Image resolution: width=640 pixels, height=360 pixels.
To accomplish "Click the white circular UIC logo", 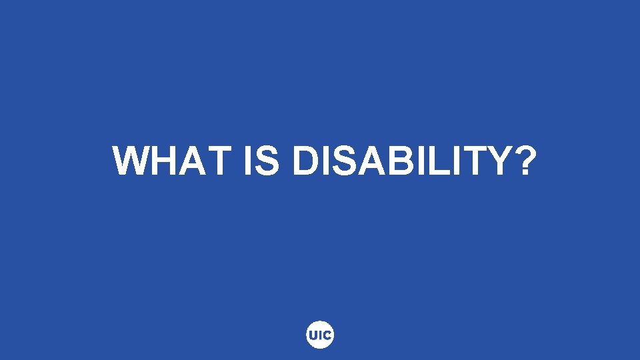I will (x=320, y=335).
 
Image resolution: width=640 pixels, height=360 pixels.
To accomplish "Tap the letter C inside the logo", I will (x=327, y=335).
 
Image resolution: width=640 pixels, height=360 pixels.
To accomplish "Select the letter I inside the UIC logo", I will (x=321, y=335).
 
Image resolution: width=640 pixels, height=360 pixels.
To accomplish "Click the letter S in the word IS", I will (x=267, y=161).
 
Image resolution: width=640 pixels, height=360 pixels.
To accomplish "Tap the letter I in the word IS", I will (x=248, y=161).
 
